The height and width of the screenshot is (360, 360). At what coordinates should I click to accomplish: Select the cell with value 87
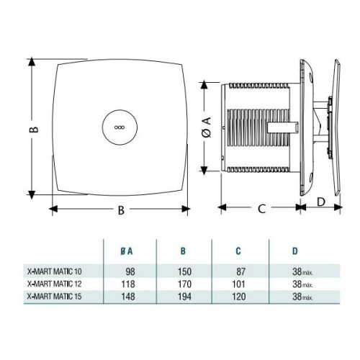pyautogui.click(x=239, y=273)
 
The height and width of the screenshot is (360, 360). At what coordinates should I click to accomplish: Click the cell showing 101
pyautogui.click(x=238, y=284)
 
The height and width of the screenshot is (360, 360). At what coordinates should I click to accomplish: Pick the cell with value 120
pyautogui.click(x=238, y=296)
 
